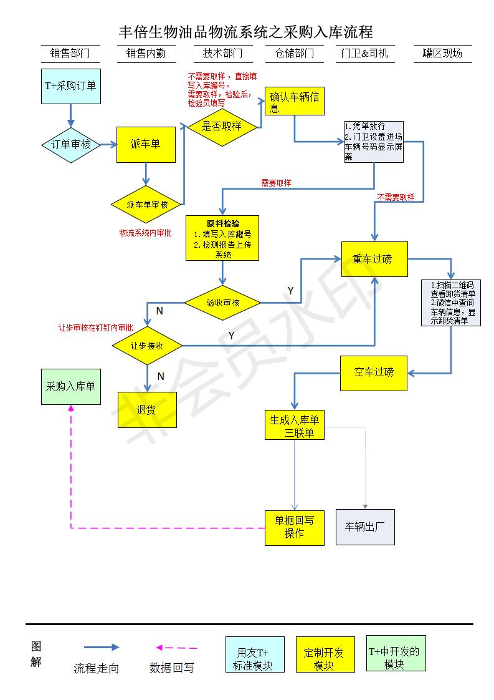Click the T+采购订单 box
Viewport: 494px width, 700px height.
(70, 86)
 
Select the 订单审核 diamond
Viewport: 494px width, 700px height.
(70, 145)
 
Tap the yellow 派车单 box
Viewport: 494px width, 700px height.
(146, 145)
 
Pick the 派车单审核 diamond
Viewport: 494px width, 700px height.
(147, 204)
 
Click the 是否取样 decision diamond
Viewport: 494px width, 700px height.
(222, 126)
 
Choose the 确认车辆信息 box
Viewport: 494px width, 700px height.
(296, 101)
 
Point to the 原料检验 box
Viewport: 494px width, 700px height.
(222, 238)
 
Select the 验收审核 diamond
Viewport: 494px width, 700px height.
(222, 303)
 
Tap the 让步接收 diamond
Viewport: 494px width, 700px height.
(147, 345)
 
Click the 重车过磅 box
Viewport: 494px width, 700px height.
(374, 259)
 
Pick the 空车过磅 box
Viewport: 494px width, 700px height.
(374, 372)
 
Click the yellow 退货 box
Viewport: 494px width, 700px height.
(147, 409)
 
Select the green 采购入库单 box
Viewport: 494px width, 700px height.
(70, 386)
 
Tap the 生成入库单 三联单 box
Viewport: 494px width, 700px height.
(295, 425)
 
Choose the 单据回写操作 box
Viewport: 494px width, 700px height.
(295, 527)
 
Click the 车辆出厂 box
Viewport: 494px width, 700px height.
(365, 527)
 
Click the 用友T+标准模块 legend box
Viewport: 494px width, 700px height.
(255, 654)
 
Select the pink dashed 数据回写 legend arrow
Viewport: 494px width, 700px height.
(177, 648)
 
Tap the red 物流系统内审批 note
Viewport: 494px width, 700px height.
(146, 233)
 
